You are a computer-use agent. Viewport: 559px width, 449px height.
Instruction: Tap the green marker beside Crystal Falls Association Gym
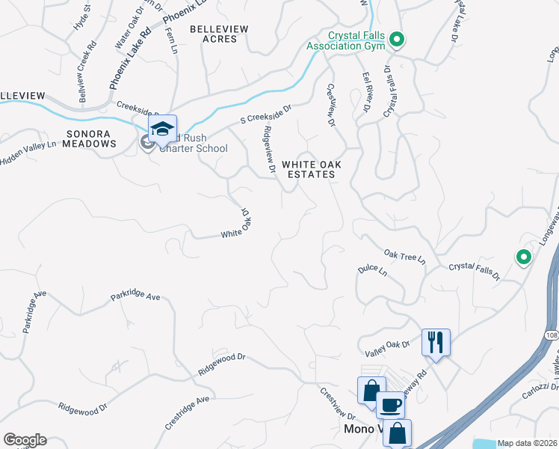tap(398, 40)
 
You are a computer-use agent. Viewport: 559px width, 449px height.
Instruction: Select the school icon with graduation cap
tap(162, 129)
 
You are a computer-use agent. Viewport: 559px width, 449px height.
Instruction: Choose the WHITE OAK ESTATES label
tap(308, 168)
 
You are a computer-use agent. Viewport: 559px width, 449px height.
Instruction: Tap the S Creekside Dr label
tap(265, 114)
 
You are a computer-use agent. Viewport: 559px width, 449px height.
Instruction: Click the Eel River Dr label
tap(367, 93)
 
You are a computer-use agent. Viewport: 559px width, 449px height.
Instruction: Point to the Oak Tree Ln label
tap(404, 257)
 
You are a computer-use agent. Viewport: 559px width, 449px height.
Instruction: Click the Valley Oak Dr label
tap(388, 344)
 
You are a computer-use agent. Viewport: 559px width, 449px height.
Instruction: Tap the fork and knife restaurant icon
tap(436, 342)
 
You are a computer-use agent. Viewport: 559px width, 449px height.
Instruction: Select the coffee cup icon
tap(389, 405)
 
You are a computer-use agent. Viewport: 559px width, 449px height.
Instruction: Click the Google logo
tap(25, 439)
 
